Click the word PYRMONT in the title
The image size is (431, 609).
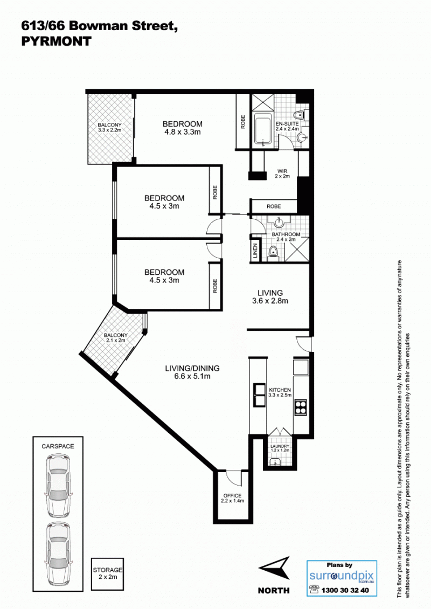click(57, 41)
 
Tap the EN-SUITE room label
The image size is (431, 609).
click(287, 123)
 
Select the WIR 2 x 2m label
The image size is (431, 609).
click(282, 174)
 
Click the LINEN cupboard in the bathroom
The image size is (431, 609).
click(255, 251)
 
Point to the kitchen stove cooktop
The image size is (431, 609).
click(301, 407)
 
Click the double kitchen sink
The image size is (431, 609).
click(259, 395)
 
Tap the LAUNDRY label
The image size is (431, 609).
click(280, 447)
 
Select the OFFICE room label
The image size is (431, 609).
click(233, 496)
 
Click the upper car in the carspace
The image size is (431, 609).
click(58, 486)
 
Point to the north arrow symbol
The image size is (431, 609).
click(274, 569)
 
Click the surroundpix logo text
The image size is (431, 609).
click(342, 575)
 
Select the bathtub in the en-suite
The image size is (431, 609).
click(263, 130)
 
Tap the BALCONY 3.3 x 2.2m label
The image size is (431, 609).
click(109, 127)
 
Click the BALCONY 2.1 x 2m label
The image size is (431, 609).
click(116, 337)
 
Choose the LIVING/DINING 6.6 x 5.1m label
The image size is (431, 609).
click(192, 372)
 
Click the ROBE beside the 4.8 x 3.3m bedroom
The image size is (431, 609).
click(243, 122)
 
